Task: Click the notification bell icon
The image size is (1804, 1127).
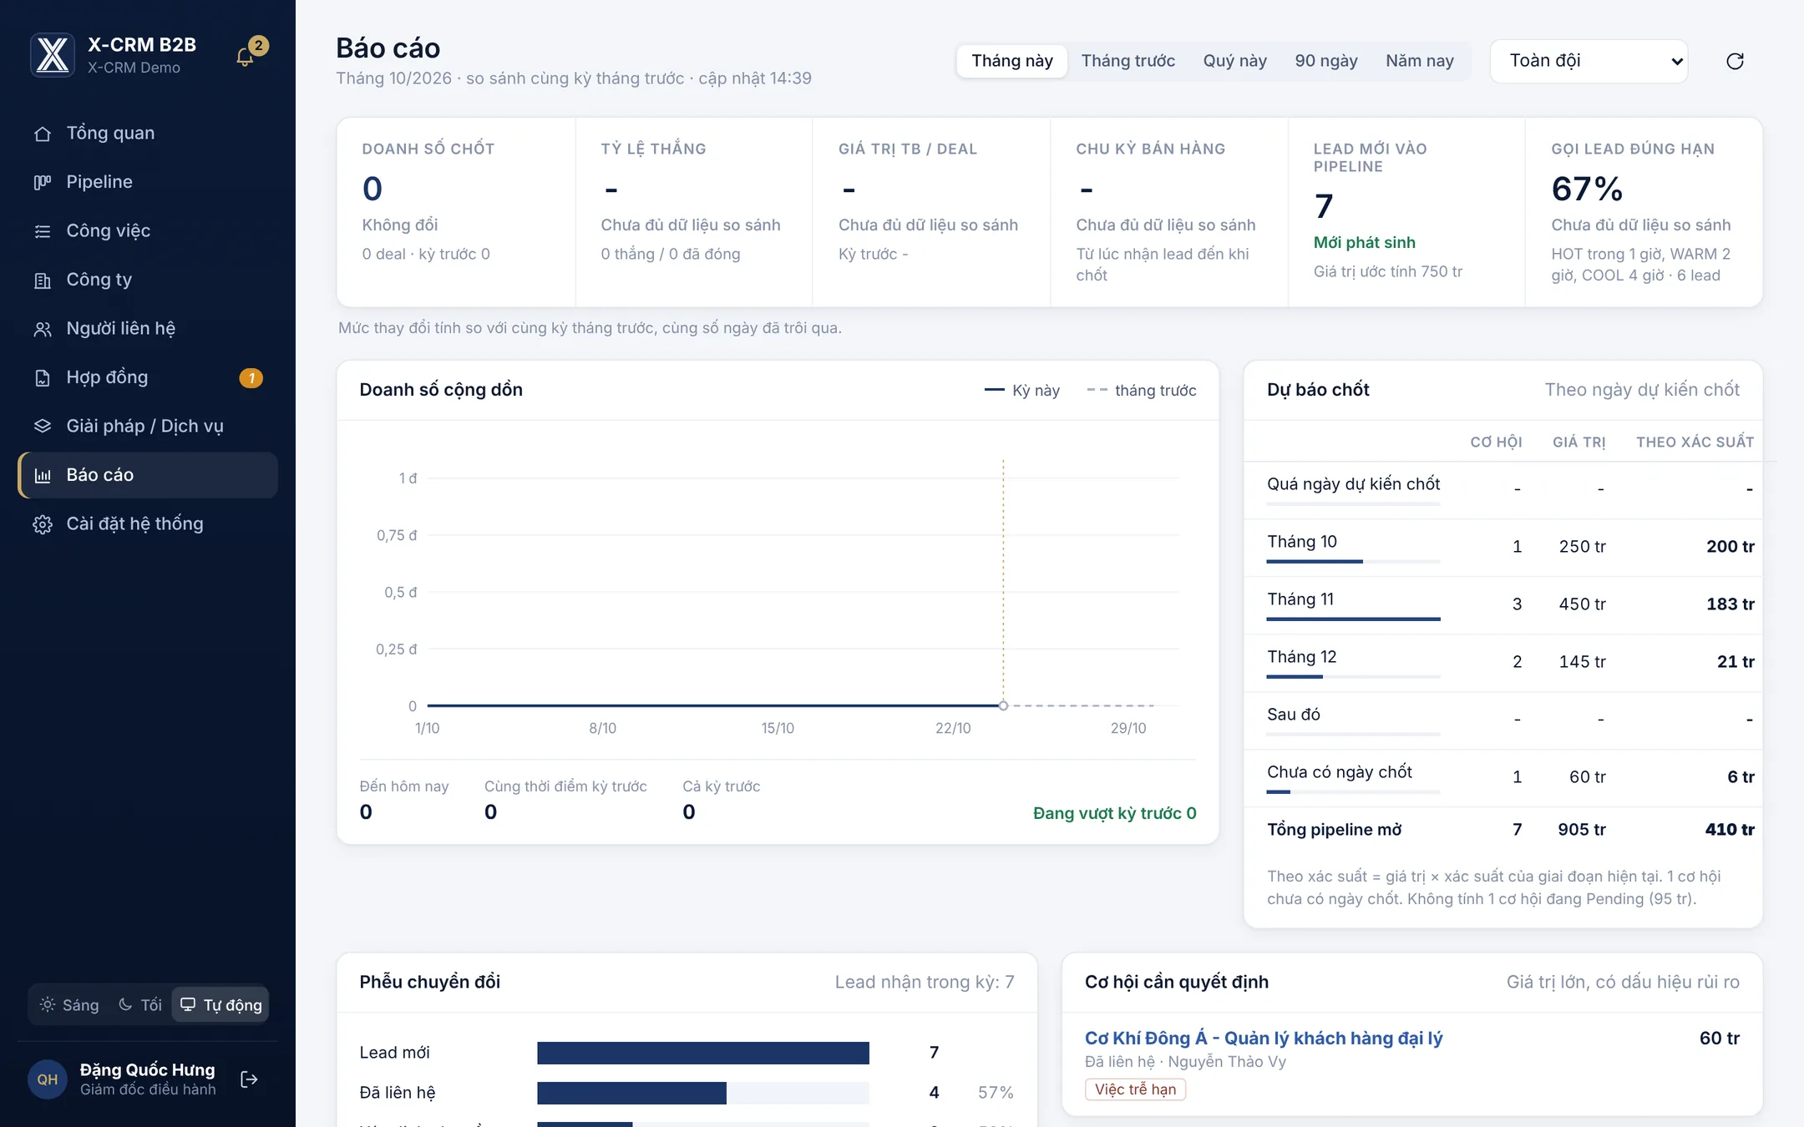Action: point(245,57)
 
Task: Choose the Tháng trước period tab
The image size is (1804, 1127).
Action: point(1127,61)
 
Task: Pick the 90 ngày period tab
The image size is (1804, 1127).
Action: point(1326,61)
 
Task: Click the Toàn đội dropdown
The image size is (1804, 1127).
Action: point(1589,61)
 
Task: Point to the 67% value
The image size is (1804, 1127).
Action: point(1587,190)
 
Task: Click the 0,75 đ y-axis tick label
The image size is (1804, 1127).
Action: point(397,535)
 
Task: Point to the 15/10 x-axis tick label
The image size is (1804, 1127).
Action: point(778,728)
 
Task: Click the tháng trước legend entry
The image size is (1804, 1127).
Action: point(1142,391)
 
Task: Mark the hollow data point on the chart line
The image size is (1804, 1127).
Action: point(1003,705)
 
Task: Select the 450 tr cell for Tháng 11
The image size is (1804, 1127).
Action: point(1582,604)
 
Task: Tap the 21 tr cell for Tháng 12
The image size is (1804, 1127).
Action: point(1736,662)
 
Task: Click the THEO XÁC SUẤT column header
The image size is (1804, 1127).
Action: point(1695,442)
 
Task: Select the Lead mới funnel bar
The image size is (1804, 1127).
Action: point(703,1053)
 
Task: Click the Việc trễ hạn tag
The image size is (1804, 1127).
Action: point(1135,1089)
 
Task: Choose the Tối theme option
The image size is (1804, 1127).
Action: point(140,1005)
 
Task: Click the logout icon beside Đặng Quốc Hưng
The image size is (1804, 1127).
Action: point(249,1079)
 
